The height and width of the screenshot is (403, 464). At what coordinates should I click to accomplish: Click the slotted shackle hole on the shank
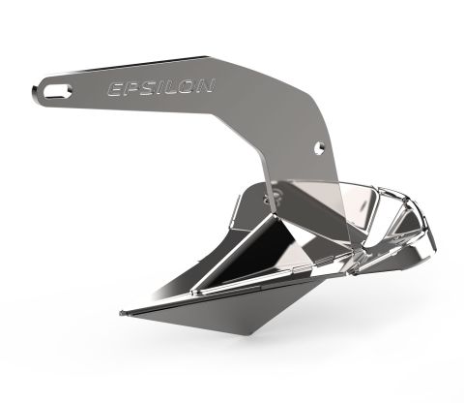point(55,92)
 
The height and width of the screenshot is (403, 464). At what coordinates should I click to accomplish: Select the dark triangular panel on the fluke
point(256,242)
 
